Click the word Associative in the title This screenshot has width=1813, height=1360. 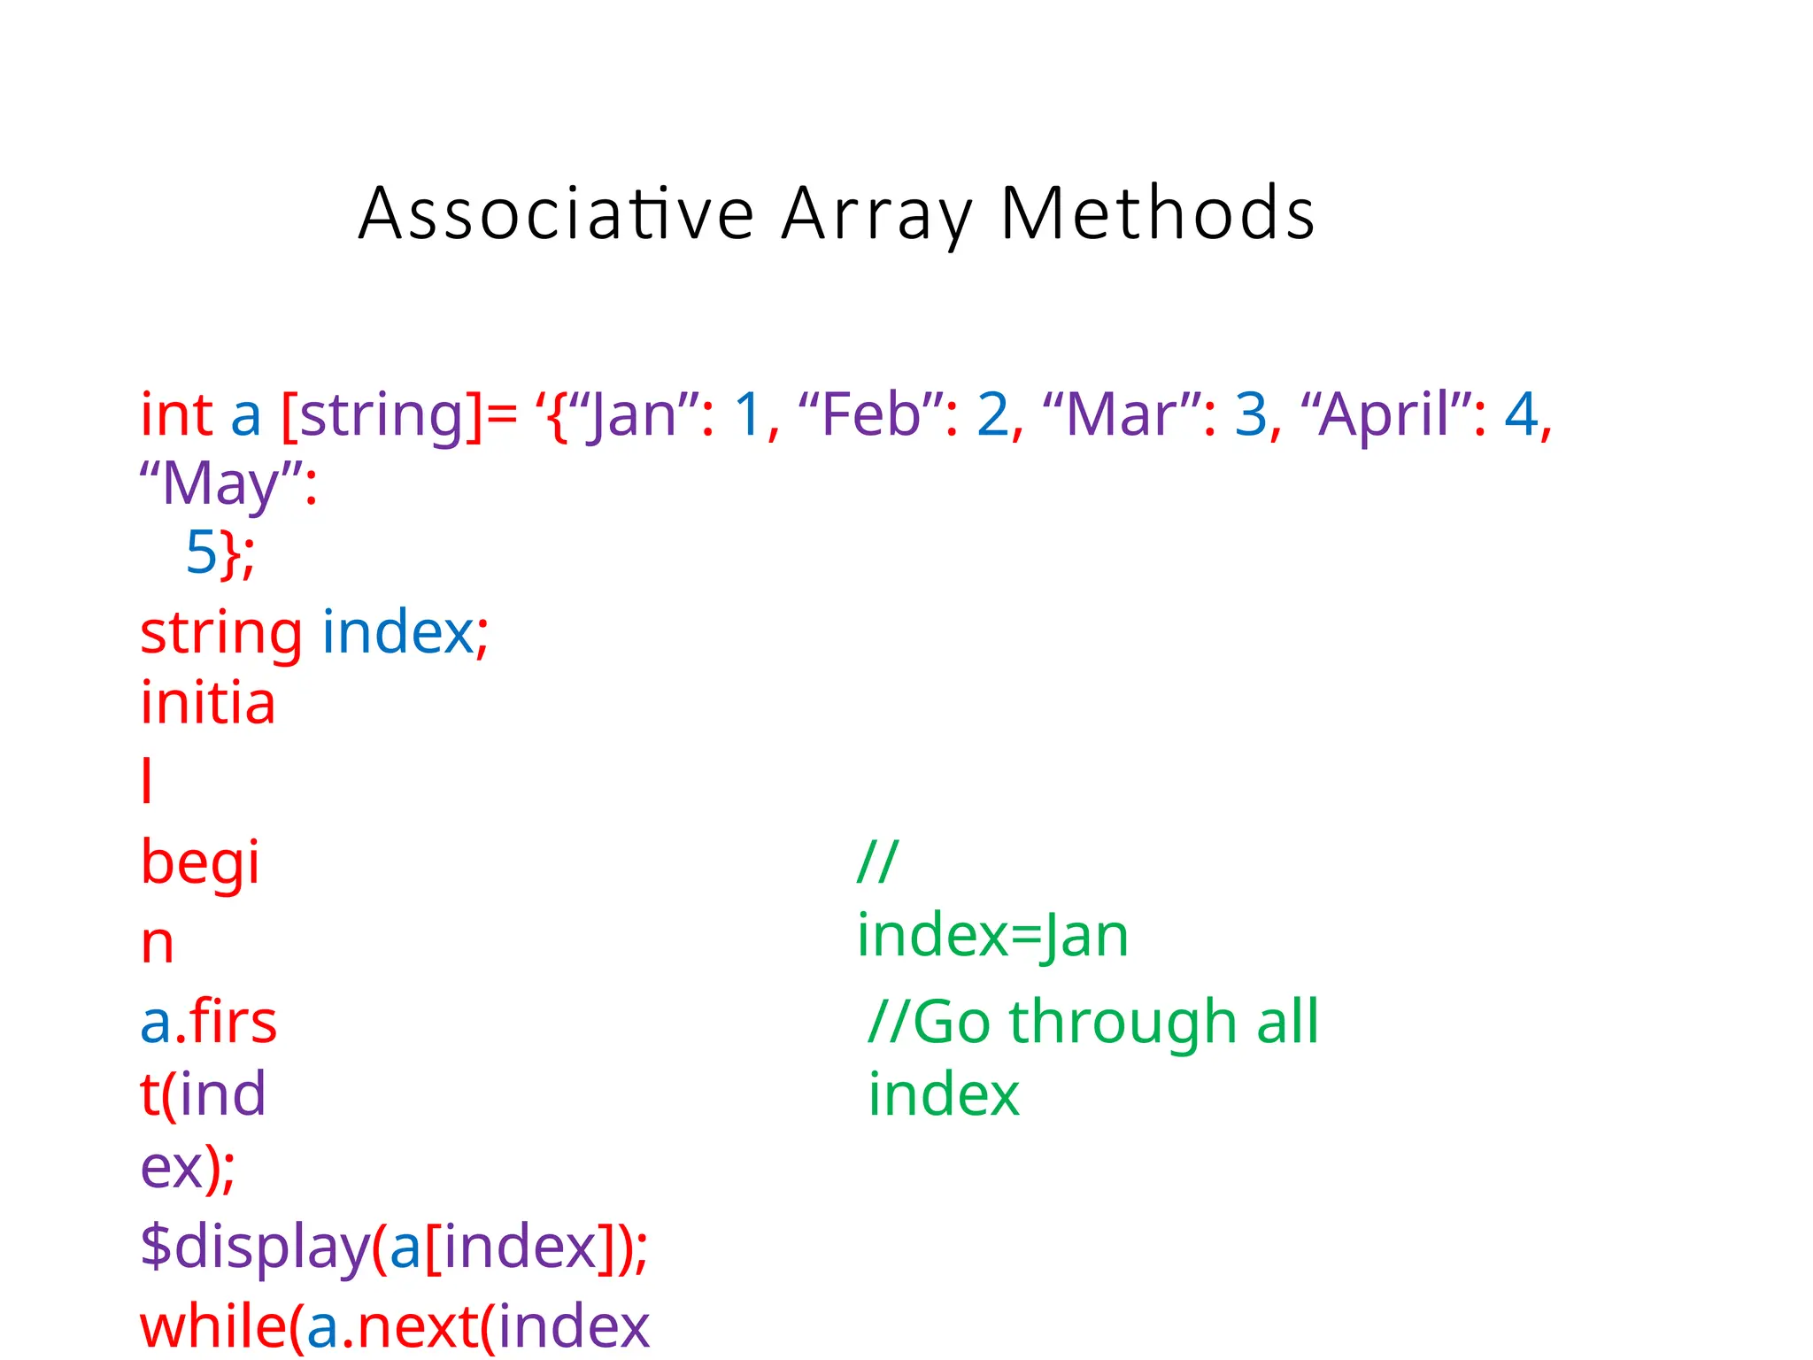click(x=556, y=213)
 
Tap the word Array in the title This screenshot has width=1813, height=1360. click(x=876, y=213)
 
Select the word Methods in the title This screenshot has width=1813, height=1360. click(x=1157, y=213)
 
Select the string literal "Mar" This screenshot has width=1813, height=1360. click(x=1123, y=414)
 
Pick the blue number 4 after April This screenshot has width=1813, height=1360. click(x=1521, y=414)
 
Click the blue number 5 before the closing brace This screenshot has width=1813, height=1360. click(x=201, y=552)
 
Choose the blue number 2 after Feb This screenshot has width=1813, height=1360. click(x=992, y=414)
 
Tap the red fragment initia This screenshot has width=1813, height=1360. click(x=208, y=703)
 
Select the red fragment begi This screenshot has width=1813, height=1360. click(x=200, y=862)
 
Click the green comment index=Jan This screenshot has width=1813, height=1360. click(x=992, y=936)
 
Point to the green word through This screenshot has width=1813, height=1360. click(x=1123, y=1023)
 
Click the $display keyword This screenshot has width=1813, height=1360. click(x=255, y=1247)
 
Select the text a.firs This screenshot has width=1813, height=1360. click(x=208, y=1023)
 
